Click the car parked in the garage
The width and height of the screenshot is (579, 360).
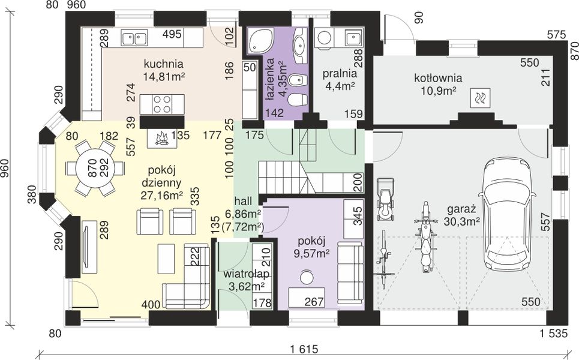pos(506,214)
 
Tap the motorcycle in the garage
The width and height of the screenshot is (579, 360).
pos(426,237)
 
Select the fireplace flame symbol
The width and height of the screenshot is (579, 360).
pos(161,139)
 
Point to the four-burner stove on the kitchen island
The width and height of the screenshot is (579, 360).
pos(162,104)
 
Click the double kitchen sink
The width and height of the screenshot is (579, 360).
pos(134,38)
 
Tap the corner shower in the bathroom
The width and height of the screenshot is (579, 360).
pos(260,41)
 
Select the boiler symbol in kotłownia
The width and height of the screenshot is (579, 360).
pos(480,98)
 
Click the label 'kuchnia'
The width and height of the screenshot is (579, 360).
pos(164,64)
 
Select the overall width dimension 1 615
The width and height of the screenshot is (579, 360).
pos(304,349)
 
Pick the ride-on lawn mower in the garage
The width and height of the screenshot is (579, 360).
pos(386,199)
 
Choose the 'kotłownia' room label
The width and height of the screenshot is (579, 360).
pos(438,78)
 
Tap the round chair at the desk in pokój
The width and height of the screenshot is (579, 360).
pos(306,277)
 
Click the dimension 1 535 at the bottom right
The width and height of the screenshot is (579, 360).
pos(553,334)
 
